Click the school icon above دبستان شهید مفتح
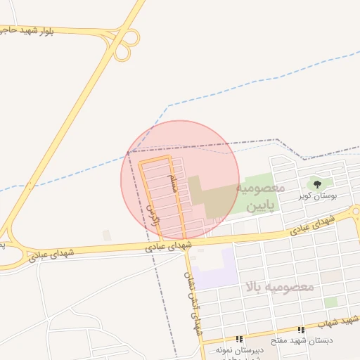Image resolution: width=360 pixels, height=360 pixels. tap(302, 330)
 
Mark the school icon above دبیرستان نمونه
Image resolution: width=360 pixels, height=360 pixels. tap(239, 339)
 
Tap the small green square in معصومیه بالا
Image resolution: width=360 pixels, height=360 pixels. tap(330, 302)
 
